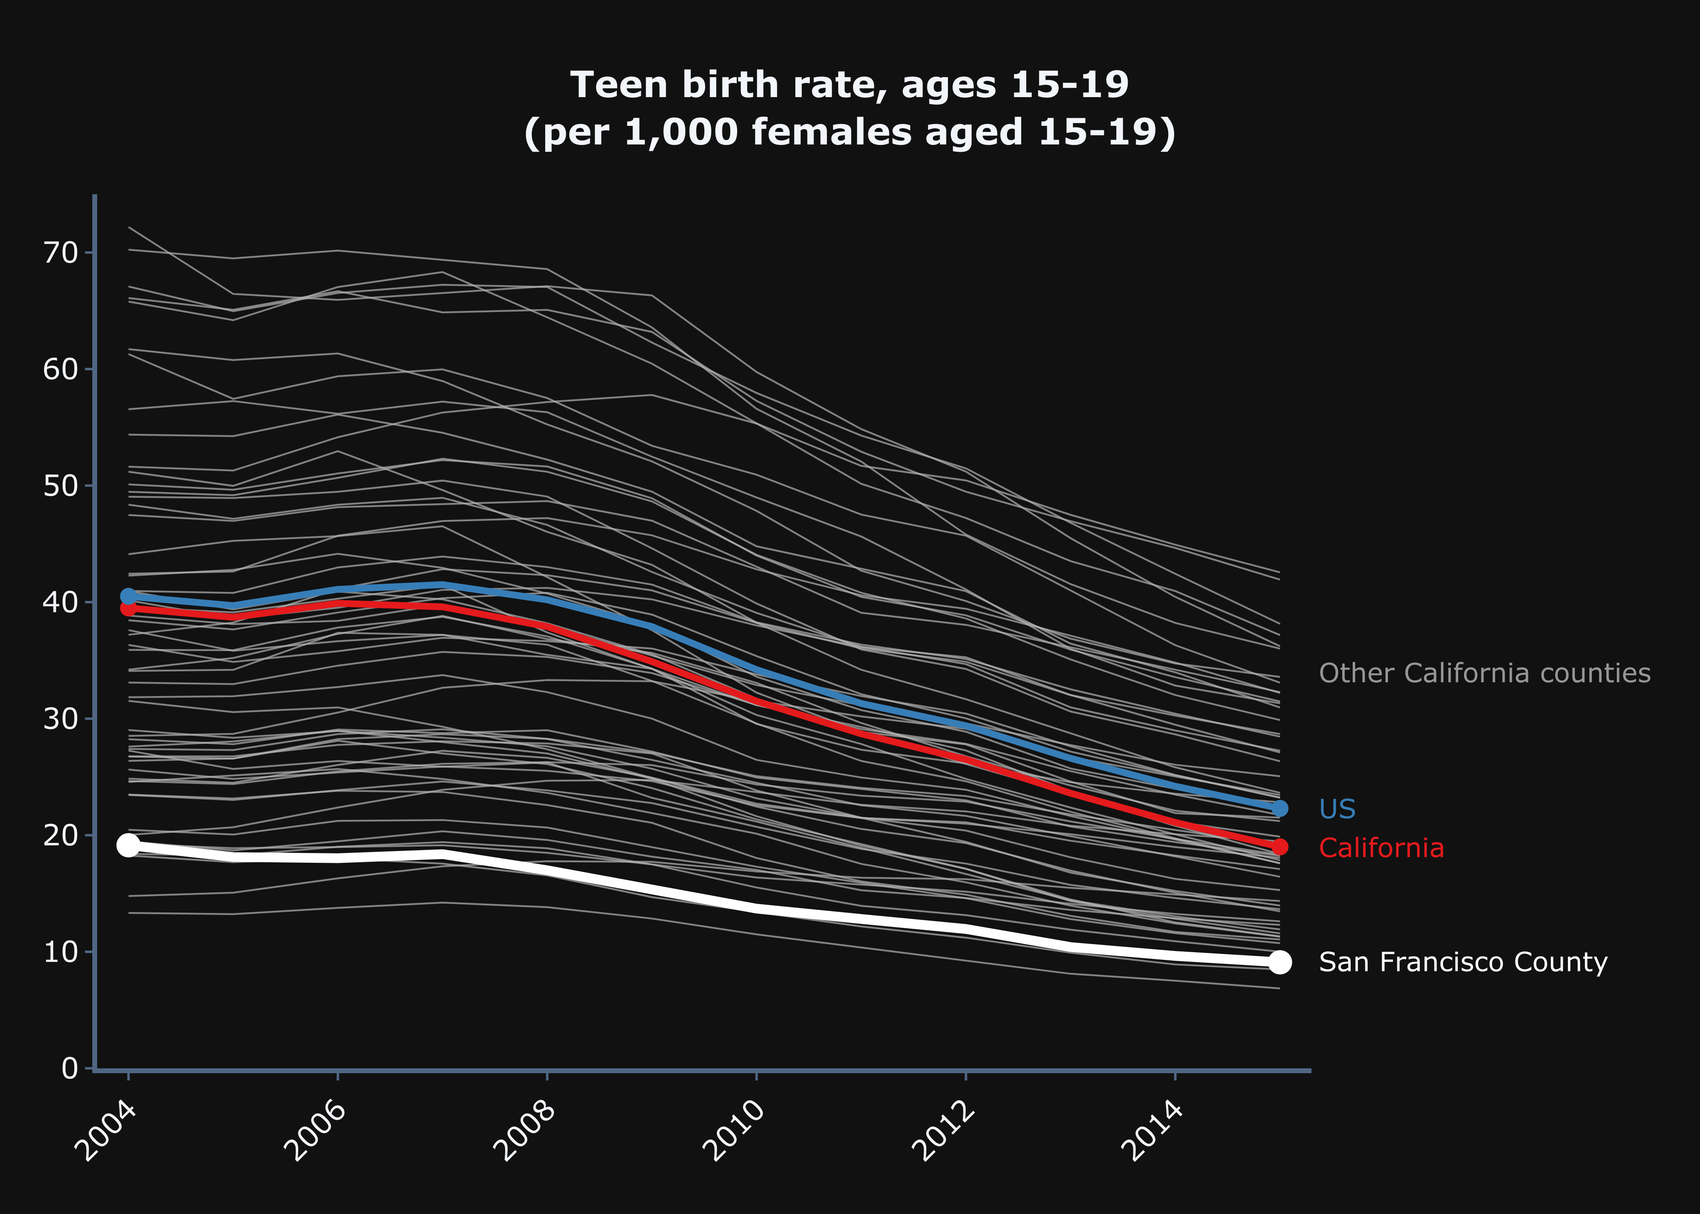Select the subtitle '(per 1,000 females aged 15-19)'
coord(849,132)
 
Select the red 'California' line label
coord(1381,848)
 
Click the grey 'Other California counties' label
coord(1484,673)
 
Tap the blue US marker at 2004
coord(129,596)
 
